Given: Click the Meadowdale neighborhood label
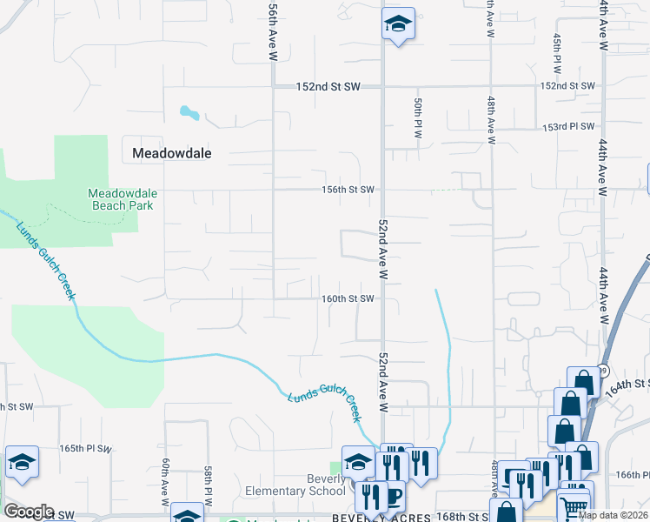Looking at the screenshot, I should coord(171,153).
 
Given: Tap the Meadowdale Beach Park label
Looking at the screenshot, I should coord(121,199).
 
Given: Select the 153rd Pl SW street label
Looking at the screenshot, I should coord(567,127).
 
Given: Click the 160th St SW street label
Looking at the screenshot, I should coord(348,299).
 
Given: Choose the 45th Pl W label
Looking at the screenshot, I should coord(557,53).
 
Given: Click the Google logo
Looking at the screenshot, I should coord(29,512).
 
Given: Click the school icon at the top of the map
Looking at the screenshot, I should coord(398,24).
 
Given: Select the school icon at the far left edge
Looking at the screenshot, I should coord(22,462).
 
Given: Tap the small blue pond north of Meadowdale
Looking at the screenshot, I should coord(189,112).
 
